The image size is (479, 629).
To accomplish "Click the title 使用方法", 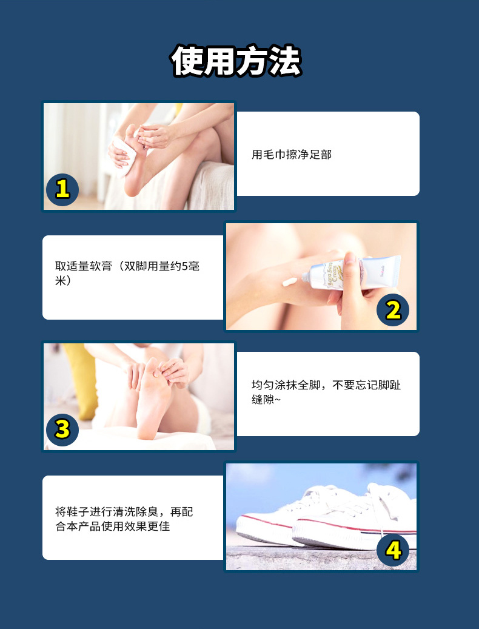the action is coord(236,61).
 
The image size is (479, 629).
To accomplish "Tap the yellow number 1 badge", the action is coord(62,189).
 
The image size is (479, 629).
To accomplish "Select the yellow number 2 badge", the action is coord(393,310).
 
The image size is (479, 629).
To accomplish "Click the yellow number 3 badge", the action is coord(62,429).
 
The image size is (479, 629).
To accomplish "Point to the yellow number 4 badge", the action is coord(393,550).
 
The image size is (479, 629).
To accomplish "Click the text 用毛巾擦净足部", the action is coord(292,155).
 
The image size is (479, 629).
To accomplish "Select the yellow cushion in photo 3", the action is coord(82,379).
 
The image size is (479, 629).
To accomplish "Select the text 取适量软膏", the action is coord(84,266).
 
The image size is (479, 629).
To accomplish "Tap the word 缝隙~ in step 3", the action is coord(266,400).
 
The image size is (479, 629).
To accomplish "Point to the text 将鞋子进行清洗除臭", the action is coord(107,512).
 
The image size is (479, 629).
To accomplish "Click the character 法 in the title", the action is coord(286,61).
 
